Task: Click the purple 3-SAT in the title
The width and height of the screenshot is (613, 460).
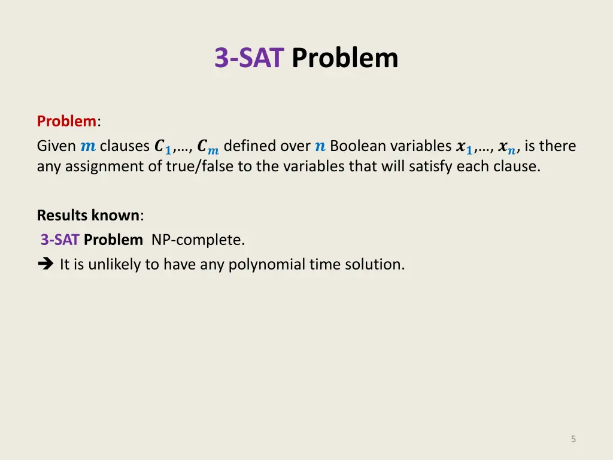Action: (x=248, y=58)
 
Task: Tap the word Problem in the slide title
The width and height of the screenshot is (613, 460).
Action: (x=345, y=58)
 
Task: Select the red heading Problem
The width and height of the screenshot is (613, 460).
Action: (x=66, y=121)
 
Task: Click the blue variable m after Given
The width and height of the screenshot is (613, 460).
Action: (x=87, y=146)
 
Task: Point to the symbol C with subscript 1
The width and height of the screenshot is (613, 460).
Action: (x=162, y=147)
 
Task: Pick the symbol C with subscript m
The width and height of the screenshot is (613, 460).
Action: (x=208, y=147)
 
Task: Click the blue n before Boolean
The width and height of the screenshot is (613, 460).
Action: (x=320, y=146)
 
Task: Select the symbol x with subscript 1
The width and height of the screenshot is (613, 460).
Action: (x=464, y=147)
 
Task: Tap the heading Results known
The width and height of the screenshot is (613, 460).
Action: (x=88, y=215)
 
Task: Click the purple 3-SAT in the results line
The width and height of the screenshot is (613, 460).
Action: (x=60, y=240)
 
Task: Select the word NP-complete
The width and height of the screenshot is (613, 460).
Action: (x=198, y=240)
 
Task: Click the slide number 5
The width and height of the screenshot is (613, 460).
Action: (x=573, y=439)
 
